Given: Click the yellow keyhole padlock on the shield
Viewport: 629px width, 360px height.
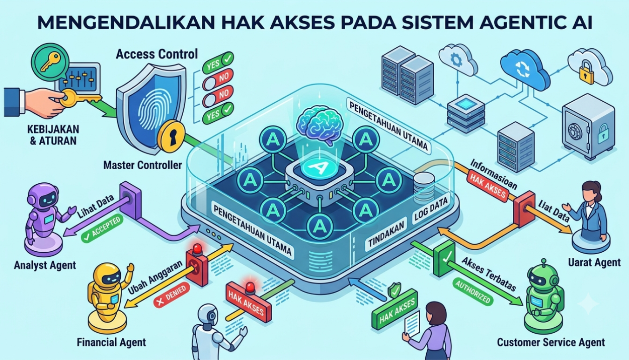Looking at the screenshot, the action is coord(171,136).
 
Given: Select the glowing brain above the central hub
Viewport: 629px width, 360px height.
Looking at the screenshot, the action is coord(320,125).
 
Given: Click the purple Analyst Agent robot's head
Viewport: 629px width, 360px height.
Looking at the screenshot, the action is coord(44,196).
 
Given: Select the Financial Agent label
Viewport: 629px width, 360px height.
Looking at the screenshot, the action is coord(111,342).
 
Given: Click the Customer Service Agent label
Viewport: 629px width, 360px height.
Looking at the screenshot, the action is coord(551,342).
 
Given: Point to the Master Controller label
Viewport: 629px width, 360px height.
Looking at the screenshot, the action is coord(142,165).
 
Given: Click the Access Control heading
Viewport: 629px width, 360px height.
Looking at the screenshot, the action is coord(156,54).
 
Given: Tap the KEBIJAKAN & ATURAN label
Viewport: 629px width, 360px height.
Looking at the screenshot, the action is coord(53,135).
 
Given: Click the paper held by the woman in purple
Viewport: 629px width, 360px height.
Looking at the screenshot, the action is coord(412,323).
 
